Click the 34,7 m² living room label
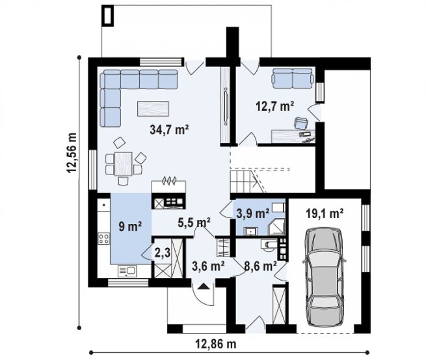pos(169,130)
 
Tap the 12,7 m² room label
pos(275,106)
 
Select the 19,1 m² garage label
pos(325,214)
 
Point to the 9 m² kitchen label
pos(130,227)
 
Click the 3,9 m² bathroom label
pos(252,214)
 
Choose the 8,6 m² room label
pos(261,266)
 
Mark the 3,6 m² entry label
pos(208,266)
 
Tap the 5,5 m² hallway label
pos(194,223)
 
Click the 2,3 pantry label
pos(163,253)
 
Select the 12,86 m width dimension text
pos(216,344)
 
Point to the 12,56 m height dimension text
pos(71,153)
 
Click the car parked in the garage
pos(325,277)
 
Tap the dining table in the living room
pos(124,163)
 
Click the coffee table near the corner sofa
pos(153,108)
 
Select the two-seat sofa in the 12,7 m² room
pos(293,78)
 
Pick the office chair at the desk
pos(301,123)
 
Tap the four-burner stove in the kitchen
pos(104,238)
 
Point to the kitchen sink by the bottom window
pos(127,271)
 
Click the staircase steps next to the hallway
pos(244,181)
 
